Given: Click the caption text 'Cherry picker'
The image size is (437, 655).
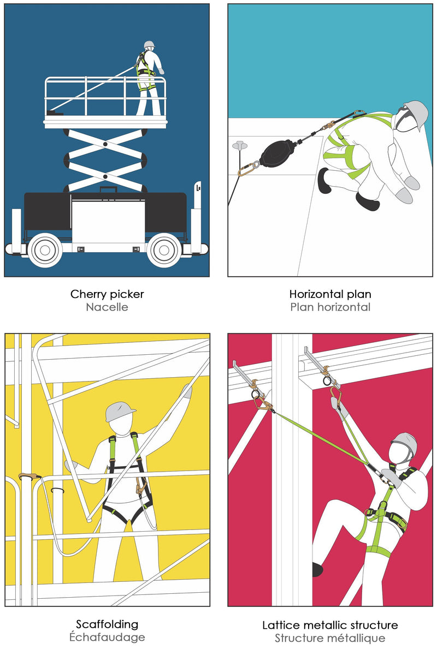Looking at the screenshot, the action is [107, 294].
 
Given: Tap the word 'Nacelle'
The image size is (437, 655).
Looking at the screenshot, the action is [107, 307].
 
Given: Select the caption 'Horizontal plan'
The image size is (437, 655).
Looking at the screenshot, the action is [330, 294].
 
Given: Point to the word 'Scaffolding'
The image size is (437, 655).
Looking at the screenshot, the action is [107, 624].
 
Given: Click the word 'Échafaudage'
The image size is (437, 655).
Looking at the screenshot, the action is [107, 637].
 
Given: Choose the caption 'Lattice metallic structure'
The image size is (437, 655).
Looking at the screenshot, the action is [330, 625].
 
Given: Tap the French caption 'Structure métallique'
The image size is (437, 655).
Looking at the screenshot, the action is [330, 638].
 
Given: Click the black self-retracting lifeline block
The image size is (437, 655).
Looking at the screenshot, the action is [276, 153].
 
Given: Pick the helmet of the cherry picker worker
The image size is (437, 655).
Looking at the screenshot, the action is [149, 45].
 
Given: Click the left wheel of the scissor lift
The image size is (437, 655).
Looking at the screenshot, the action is [45, 250].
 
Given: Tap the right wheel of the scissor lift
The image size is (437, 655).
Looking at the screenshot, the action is [164, 250].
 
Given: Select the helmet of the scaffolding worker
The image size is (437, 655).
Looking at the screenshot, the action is [119, 412].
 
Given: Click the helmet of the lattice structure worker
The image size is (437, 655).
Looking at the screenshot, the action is [405, 442].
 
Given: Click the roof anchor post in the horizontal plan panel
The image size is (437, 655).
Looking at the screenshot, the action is [240, 146].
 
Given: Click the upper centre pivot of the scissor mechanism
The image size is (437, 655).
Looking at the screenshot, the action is [105, 144].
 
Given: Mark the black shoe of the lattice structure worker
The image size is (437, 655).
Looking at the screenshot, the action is [318, 569].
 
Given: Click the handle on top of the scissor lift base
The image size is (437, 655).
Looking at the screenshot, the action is [109, 189].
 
